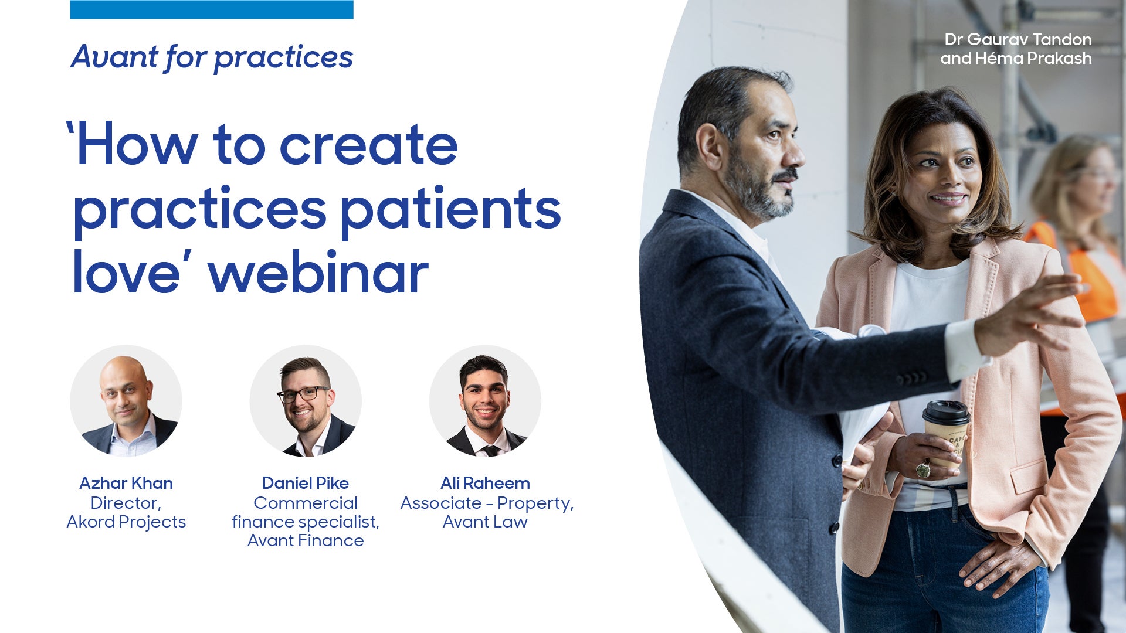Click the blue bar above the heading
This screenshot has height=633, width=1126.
[211, 9]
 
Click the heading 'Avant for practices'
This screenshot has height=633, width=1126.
[212, 57]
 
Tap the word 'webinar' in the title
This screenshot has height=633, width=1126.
[318, 273]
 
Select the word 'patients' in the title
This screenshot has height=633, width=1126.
[450, 210]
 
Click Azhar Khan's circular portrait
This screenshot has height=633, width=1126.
[126, 401]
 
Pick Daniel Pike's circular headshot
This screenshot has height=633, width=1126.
[306, 401]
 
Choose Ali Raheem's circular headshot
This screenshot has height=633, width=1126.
[485, 401]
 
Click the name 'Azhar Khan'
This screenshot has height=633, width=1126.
[126, 483]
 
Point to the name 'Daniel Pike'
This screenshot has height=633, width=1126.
[306, 483]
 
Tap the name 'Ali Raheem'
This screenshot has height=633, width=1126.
[485, 483]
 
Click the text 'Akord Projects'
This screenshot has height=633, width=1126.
[126, 522]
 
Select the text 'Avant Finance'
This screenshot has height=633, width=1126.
[306, 540]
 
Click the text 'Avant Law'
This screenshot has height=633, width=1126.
[485, 522]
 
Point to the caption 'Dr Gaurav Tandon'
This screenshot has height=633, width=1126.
[1018, 39]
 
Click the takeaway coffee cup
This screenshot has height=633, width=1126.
[945, 431]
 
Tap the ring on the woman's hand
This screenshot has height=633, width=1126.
[922, 469]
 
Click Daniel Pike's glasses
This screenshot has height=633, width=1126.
[303, 394]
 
